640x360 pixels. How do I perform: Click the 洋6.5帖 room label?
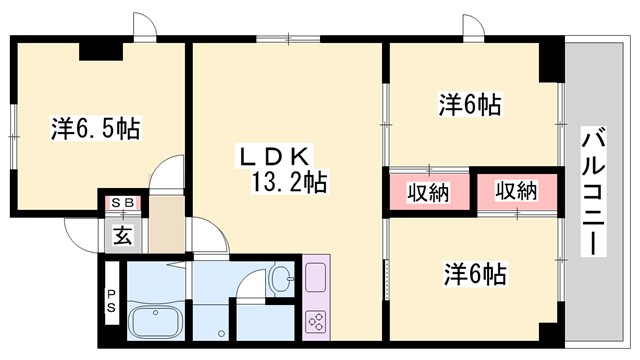pos(95,128)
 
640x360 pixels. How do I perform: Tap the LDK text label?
pos(275,154)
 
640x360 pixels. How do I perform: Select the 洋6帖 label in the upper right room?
pos(470,103)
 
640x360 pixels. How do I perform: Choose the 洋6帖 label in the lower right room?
pos(474,272)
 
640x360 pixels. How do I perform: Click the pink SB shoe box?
pos(125,203)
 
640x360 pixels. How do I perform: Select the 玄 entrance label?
pos(123,237)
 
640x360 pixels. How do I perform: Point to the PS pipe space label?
pos(111,301)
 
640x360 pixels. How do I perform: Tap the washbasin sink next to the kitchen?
pos(281,277)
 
